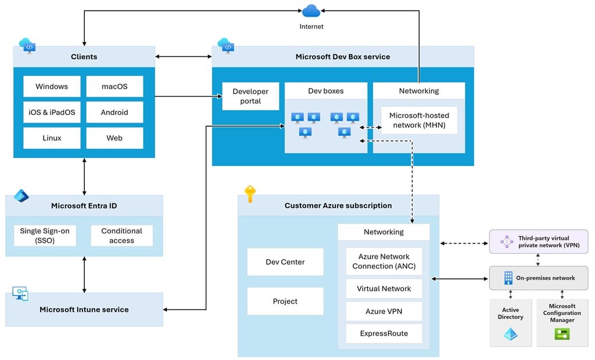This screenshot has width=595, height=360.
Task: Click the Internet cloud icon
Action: point(311,11)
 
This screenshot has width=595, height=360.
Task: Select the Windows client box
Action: point(52,87)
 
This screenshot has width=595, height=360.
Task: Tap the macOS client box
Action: point(114,87)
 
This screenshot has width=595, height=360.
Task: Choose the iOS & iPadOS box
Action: point(52,112)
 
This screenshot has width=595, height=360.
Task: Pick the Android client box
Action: point(114,112)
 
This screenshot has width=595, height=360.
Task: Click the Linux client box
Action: point(52,138)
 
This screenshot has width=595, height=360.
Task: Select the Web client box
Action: point(114,138)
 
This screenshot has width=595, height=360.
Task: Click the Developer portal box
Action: point(250,96)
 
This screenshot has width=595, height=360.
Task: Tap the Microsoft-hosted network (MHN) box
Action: point(420,120)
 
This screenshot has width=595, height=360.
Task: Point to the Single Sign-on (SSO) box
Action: point(45,236)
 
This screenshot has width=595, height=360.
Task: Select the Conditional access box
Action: point(122,236)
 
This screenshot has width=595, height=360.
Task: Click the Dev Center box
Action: point(285,262)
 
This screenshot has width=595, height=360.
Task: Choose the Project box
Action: point(285,301)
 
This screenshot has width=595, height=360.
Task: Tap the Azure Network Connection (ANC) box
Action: point(384,261)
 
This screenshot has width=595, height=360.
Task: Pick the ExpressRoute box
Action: point(384,333)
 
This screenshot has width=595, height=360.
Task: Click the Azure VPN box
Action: point(384,311)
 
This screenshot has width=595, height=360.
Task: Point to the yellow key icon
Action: point(250,194)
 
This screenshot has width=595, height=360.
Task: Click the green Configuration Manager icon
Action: point(562,334)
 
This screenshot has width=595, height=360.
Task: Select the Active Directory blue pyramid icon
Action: point(510,334)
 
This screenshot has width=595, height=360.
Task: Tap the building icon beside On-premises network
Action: point(508,278)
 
